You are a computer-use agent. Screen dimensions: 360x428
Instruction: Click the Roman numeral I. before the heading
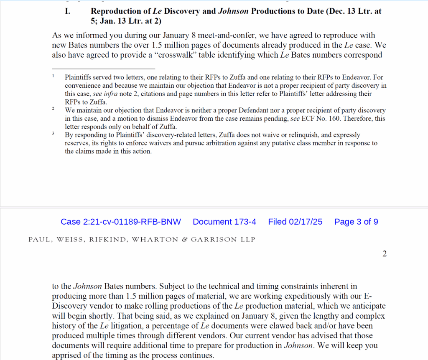click(67, 12)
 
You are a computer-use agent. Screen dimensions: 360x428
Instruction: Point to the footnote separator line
click(103, 68)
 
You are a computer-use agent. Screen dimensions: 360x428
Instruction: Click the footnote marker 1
click(53, 76)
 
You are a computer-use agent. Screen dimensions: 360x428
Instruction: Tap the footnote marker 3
click(53, 134)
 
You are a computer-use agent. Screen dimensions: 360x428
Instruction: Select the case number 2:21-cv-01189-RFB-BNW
click(121, 222)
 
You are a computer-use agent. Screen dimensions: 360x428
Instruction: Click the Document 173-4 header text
click(224, 222)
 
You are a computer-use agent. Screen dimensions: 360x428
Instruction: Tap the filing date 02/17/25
click(306, 222)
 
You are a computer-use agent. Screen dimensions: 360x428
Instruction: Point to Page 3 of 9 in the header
click(356, 222)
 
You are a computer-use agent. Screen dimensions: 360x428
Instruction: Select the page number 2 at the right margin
click(385, 254)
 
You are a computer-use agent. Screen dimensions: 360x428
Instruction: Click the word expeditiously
click(258, 296)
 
